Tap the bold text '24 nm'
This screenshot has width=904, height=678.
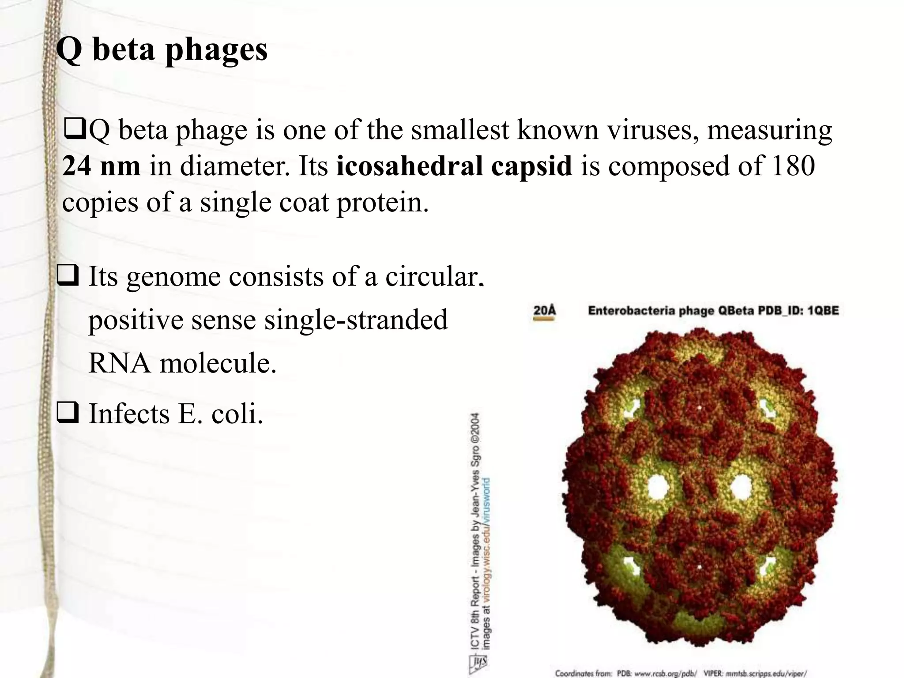(101, 166)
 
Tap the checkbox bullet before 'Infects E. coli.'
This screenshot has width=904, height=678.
(68, 414)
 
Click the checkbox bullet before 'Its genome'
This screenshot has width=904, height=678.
(68, 277)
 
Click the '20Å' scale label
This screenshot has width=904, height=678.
(544, 310)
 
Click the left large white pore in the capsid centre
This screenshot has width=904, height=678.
(658, 487)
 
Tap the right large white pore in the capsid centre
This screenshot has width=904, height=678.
(740, 487)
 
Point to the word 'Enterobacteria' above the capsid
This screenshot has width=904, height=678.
(632, 311)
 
